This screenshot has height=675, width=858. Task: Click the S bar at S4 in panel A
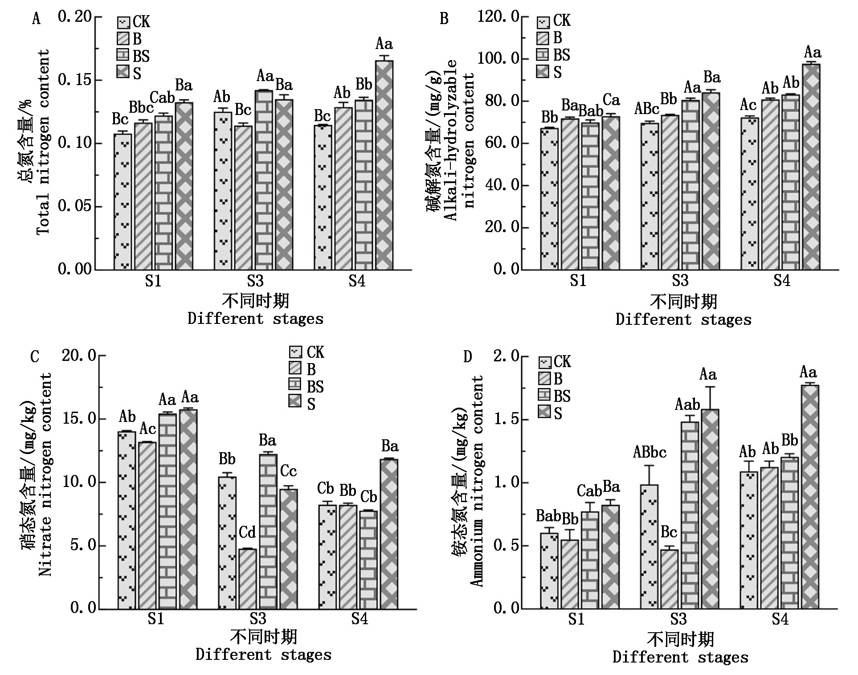[x=384, y=165]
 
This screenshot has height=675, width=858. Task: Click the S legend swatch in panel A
[x=123, y=72]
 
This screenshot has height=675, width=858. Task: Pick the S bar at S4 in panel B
[x=811, y=167]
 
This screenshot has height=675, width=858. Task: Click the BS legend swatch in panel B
[x=543, y=55]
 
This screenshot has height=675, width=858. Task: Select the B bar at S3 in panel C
[x=247, y=579]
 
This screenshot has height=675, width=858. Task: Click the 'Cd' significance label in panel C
[x=247, y=532]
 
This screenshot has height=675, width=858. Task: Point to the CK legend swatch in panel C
[x=295, y=352]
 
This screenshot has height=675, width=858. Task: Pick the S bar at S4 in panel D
[x=810, y=497]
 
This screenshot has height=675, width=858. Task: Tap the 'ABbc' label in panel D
[x=650, y=453]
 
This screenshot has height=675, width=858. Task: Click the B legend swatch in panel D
[x=544, y=379]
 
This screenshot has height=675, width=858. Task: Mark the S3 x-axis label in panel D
[x=678, y=619]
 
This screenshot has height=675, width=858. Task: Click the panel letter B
[x=444, y=19]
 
